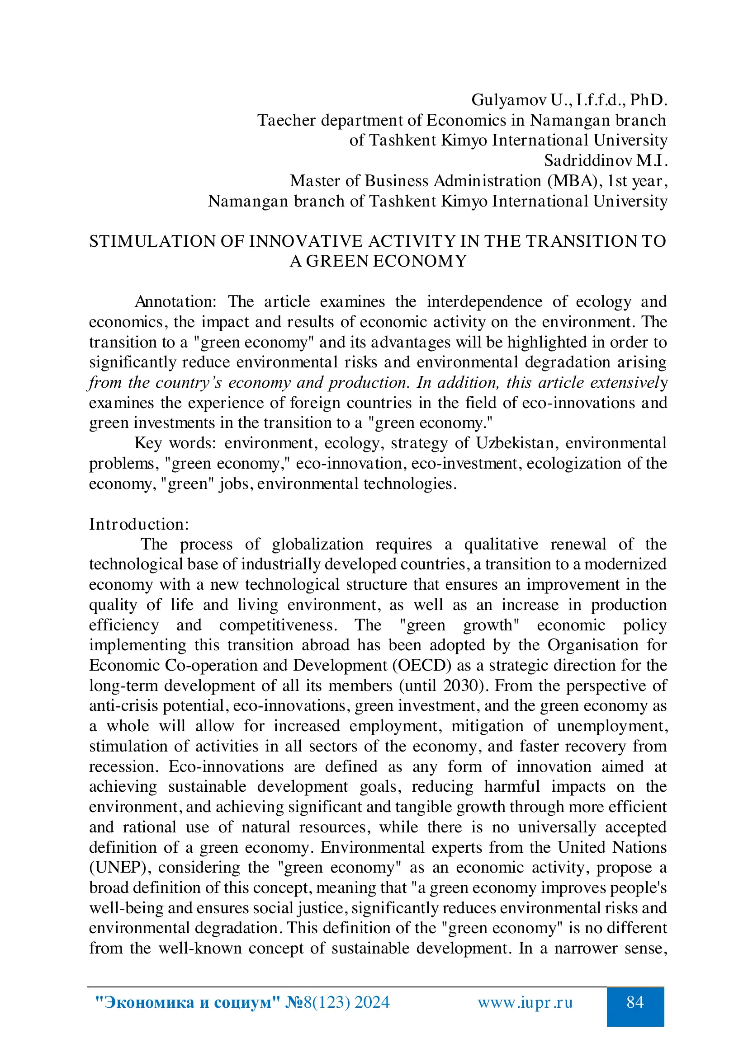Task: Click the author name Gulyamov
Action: pyautogui.click(x=507, y=100)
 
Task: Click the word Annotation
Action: pyautogui.click(x=175, y=302)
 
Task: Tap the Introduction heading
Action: pyautogui.click(x=139, y=524)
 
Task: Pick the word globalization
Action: pyautogui.click(x=317, y=545)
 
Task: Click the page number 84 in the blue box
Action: pyautogui.click(x=634, y=1002)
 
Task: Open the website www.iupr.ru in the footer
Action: pyautogui.click(x=525, y=1003)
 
